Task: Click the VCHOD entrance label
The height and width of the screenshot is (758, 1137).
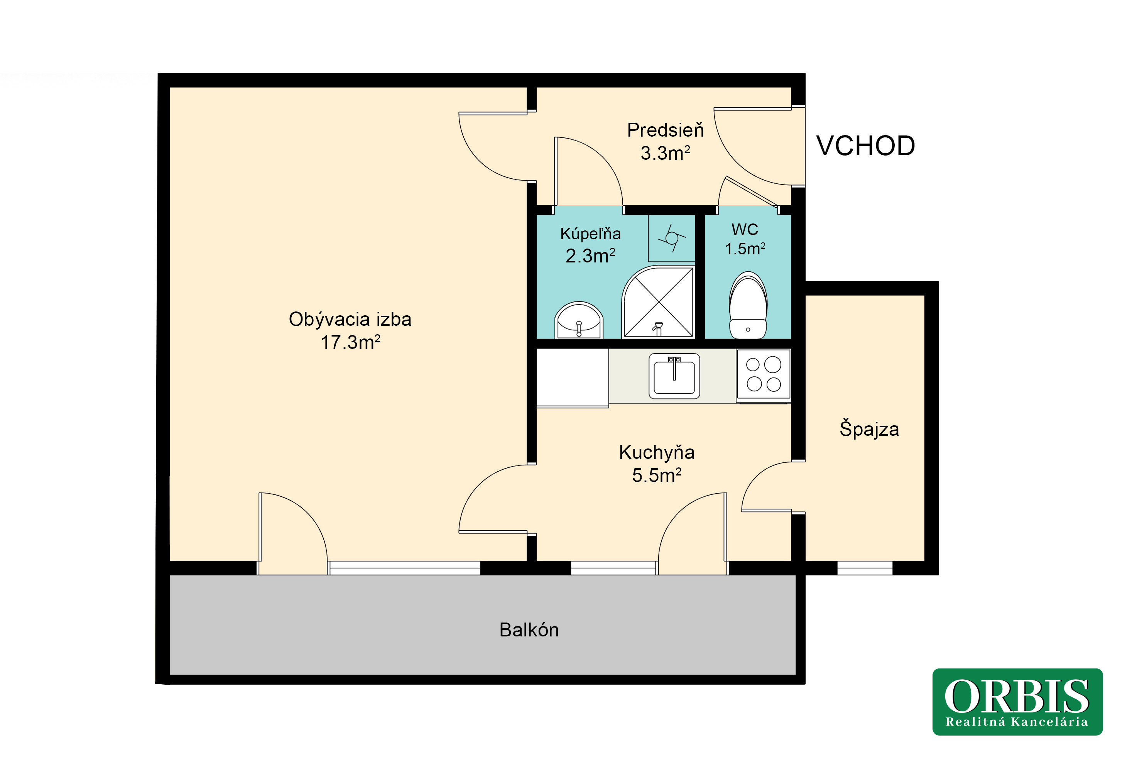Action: pos(865,146)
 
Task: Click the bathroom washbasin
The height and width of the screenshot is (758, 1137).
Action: pos(578,320)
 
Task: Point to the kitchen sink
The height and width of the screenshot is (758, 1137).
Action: pos(674,376)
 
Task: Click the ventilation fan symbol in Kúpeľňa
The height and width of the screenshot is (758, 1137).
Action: pos(671,238)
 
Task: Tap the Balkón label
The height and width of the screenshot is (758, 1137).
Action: pos(529,630)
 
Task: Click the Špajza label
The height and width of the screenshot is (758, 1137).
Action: pos(869,428)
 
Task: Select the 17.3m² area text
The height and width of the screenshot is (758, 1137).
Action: pos(350,342)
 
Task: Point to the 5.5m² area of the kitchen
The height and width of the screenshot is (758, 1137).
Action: pos(657,475)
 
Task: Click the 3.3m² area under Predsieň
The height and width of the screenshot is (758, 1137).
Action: pos(665,153)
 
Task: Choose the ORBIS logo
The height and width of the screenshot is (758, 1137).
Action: pos(1017,702)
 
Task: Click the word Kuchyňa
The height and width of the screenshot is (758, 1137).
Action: pos(657,452)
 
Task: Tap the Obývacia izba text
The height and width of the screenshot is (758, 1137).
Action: pos(350,319)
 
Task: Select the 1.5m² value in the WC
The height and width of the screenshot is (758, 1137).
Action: pos(745,249)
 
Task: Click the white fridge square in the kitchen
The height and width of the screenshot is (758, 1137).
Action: pos(572,377)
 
